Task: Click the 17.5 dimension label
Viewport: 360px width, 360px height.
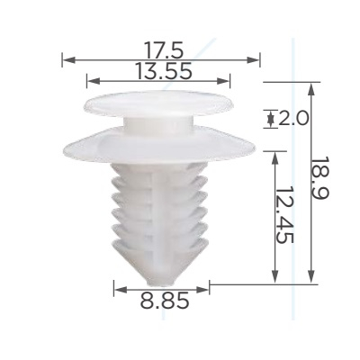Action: click(x=164, y=49)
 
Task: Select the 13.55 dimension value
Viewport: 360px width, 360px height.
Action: click(x=164, y=71)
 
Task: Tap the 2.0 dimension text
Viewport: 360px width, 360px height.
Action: click(x=293, y=118)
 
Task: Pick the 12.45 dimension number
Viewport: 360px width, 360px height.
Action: click(x=284, y=215)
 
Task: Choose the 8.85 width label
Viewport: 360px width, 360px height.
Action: click(x=165, y=301)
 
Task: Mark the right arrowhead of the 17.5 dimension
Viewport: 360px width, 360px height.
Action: click(x=253, y=60)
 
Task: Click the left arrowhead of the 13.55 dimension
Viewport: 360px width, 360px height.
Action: click(x=94, y=81)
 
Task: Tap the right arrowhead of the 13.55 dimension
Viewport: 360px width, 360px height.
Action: click(x=223, y=81)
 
